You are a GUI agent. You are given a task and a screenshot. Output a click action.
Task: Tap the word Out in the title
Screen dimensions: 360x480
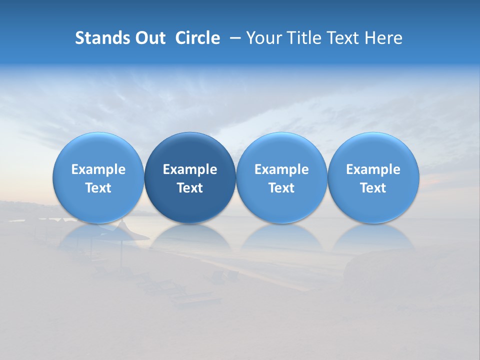[x=149, y=38]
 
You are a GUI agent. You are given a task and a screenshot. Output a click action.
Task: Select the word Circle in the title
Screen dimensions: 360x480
[x=197, y=38]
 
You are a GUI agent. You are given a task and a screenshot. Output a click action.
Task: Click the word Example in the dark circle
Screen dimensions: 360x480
[x=190, y=169]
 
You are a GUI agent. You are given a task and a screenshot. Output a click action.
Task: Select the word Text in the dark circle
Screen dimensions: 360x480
[x=190, y=188]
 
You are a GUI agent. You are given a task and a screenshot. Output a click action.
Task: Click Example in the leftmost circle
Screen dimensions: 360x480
[x=98, y=169]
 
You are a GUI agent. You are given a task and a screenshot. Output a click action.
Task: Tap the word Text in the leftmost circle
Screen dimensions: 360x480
[x=98, y=188]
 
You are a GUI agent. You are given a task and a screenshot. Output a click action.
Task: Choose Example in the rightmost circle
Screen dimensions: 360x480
[x=373, y=169]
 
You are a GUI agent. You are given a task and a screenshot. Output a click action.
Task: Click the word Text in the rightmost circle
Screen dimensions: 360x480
[x=373, y=188]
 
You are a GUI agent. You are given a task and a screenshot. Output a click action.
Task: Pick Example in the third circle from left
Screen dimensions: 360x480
[x=281, y=169]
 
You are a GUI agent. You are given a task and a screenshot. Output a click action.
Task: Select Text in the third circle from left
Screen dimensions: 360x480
[x=281, y=188]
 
